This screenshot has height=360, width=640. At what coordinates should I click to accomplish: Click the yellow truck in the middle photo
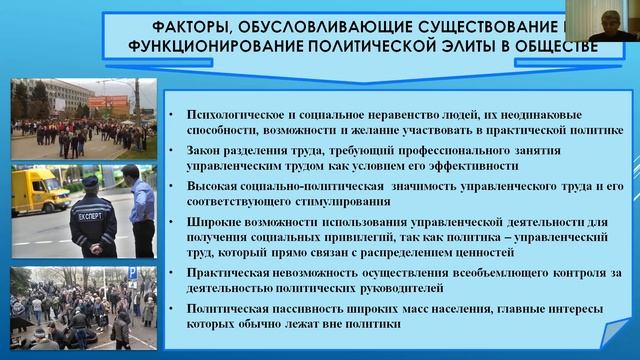(39, 190)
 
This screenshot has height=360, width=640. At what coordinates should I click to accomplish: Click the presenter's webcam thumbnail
(612, 20)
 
